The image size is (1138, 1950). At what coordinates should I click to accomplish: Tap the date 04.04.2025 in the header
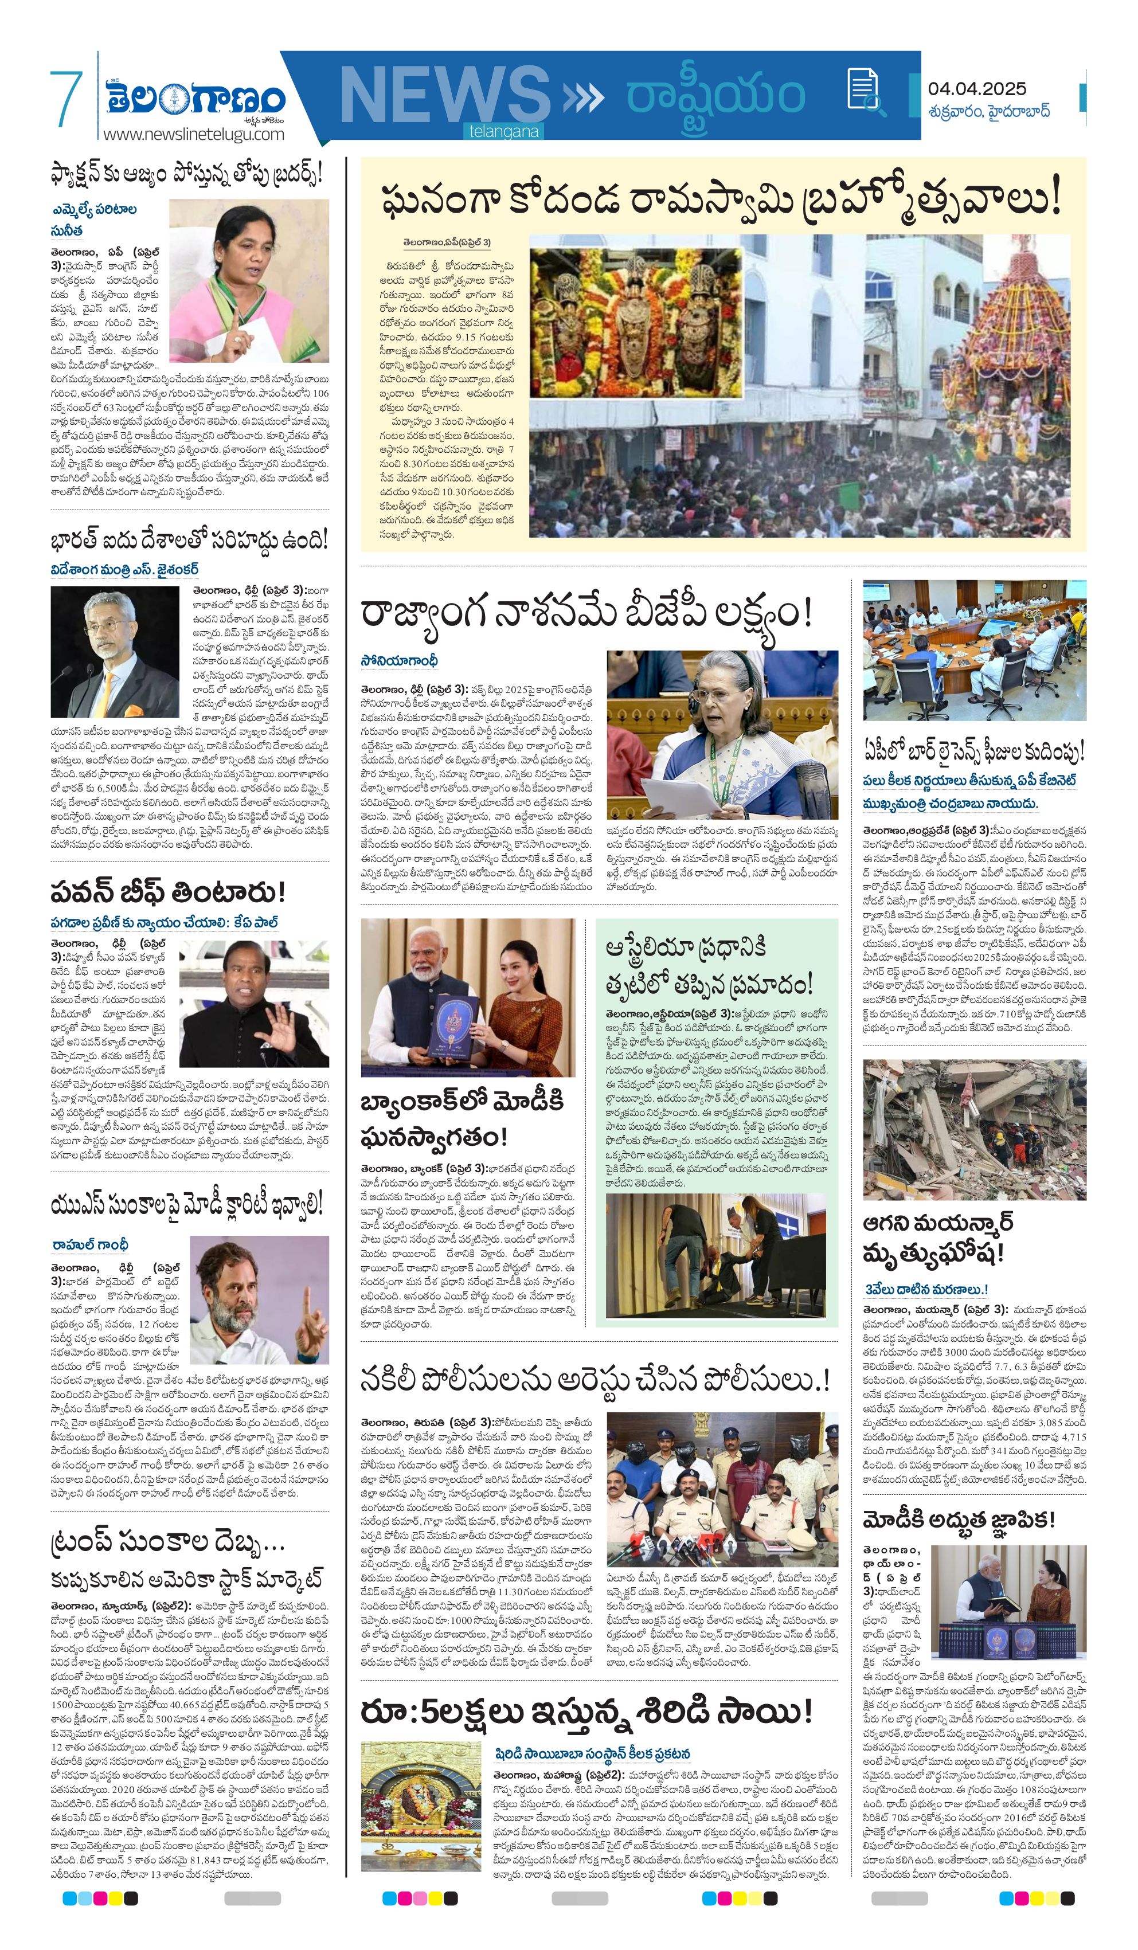[976, 89]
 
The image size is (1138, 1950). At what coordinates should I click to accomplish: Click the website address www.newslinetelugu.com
[194, 134]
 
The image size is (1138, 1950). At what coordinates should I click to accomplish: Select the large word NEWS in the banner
[444, 97]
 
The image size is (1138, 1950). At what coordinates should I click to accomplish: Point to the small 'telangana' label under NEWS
[503, 132]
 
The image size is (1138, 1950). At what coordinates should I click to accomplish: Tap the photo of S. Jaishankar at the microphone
[115, 652]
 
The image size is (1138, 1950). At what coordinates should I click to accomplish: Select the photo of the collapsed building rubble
[974, 1129]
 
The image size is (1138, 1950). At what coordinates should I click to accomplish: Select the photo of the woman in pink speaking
[248, 281]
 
